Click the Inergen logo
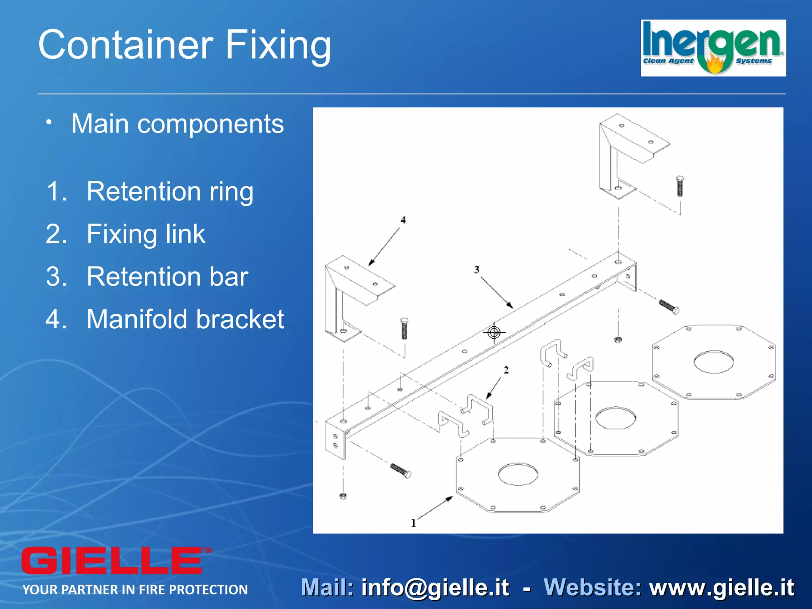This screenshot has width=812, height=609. (x=713, y=48)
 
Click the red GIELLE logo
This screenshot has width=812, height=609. (x=112, y=561)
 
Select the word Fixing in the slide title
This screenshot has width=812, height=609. (x=278, y=45)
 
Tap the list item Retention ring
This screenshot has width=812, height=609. (x=170, y=192)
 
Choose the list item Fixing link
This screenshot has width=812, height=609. (x=146, y=234)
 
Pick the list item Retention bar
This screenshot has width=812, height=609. (x=167, y=276)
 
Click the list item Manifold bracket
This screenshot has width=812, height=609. (x=185, y=319)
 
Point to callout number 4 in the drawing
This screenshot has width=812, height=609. (x=403, y=220)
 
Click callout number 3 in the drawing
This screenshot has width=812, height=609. (x=477, y=270)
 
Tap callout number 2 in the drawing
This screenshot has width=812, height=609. (x=506, y=370)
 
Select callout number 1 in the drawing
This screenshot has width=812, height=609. (x=414, y=523)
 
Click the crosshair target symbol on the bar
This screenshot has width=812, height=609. (x=494, y=332)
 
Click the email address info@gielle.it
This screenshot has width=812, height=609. (x=435, y=588)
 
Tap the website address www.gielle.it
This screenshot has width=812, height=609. (x=721, y=588)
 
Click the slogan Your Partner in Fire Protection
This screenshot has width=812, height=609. (x=135, y=590)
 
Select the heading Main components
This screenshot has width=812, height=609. (x=177, y=124)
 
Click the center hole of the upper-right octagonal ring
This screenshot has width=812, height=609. (x=713, y=362)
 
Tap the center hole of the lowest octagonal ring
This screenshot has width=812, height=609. (x=518, y=474)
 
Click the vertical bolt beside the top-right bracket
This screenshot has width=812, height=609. (x=680, y=186)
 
